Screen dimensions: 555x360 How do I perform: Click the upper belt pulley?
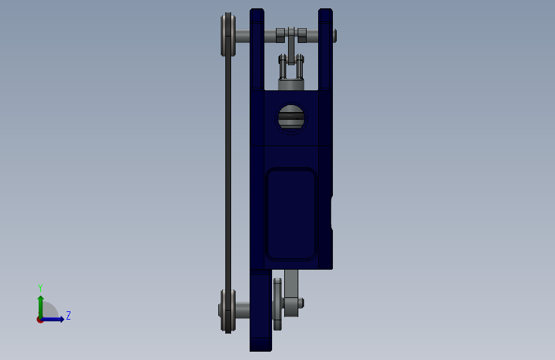tap(229, 35)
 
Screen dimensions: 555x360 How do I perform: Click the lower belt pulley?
tap(228, 311)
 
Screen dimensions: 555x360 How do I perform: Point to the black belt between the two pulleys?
tap(229, 173)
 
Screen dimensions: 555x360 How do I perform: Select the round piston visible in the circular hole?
tap(291, 118)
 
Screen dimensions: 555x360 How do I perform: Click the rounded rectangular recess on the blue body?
tap(291, 214)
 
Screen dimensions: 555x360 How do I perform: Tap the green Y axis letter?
tap(40, 288)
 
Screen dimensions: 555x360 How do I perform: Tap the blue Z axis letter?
tap(68, 315)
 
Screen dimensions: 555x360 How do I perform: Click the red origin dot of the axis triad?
tap(40, 320)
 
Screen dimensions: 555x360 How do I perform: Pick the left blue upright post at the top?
tap(257, 49)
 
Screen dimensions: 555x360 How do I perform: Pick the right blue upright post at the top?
tap(325, 49)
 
